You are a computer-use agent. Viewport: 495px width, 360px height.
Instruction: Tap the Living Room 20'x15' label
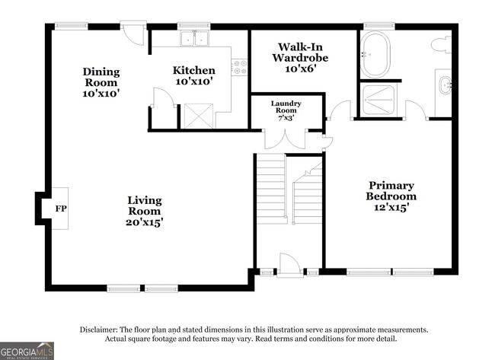145,211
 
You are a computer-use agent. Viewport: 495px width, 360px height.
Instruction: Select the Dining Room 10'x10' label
101,82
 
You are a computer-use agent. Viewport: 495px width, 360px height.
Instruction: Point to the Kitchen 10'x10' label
194,75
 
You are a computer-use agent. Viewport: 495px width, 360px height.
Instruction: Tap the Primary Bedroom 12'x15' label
391,196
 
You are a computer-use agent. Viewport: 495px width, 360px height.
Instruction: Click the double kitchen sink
194,39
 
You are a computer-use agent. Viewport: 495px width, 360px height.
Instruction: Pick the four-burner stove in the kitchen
240,67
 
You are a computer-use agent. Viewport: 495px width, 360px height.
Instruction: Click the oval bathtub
375,54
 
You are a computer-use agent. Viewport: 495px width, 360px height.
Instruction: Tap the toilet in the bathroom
441,45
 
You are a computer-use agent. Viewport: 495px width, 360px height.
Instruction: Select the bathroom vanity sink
446,85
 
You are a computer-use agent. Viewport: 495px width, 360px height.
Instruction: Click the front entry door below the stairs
289,266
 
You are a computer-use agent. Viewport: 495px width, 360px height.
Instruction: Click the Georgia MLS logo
27,350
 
